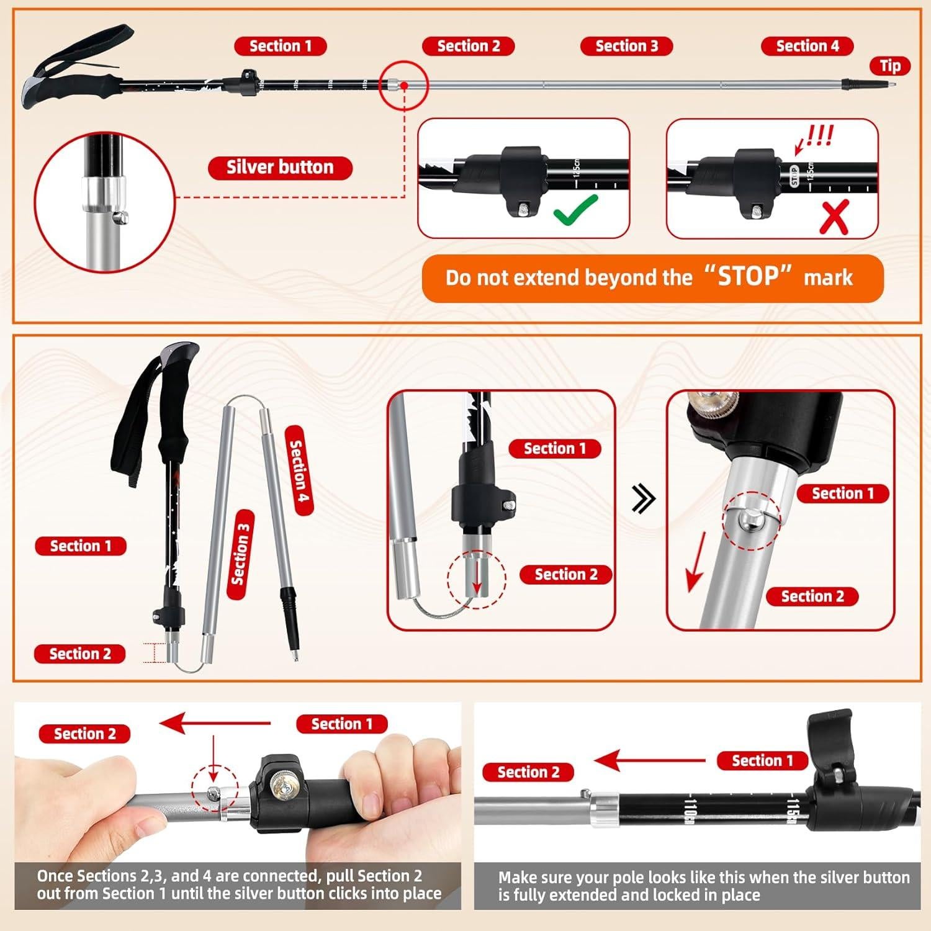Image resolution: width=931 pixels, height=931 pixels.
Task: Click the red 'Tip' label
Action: click(890, 66)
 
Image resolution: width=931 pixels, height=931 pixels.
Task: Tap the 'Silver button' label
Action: click(280, 168)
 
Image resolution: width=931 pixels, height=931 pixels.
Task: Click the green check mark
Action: click(575, 210)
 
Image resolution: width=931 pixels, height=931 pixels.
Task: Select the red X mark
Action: click(834, 218)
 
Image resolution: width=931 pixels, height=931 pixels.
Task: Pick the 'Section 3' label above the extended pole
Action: click(626, 47)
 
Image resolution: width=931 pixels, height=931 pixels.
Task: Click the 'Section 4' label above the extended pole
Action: click(807, 47)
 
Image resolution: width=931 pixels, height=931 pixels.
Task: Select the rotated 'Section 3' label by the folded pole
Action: click(240, 554)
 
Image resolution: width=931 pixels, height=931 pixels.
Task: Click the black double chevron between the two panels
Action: click(643, 499)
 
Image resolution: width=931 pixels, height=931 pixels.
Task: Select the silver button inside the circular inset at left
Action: click(122, 217)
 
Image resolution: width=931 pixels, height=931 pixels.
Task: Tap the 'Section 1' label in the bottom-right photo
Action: click(762, 761)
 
